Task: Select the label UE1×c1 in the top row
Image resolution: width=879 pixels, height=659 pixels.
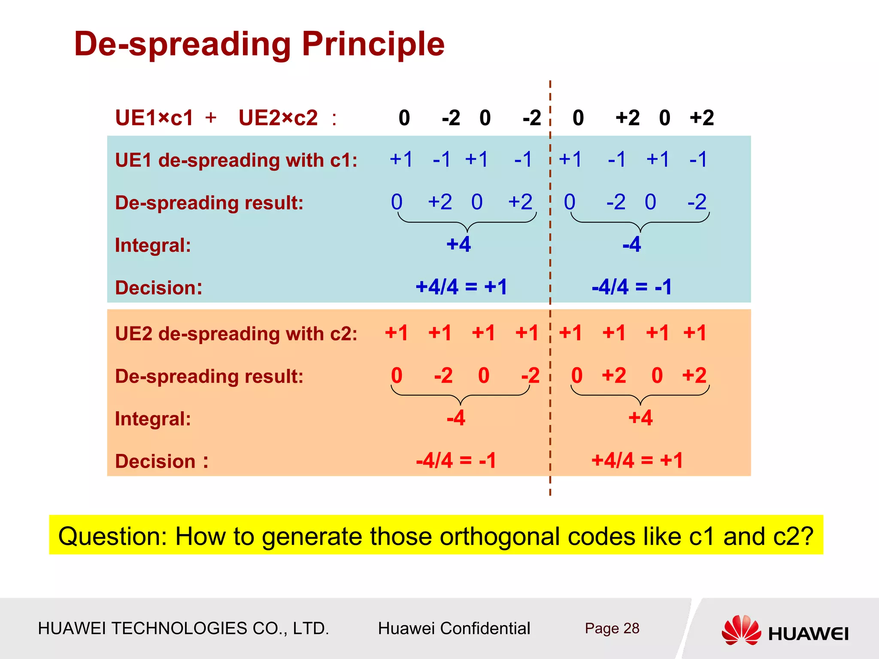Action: tap(154, 118)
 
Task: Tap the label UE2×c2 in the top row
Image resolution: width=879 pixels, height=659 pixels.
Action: tap(278, 118)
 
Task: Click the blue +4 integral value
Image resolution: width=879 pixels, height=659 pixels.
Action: tap(458, 245)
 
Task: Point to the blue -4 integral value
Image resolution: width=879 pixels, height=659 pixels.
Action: tap(631, 245)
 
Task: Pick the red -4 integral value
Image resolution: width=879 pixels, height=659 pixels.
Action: tap(456, 418)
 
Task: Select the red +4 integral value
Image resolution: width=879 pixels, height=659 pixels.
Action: tap(640, 418)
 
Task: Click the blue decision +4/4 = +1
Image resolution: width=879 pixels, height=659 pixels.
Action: tap(461, 287)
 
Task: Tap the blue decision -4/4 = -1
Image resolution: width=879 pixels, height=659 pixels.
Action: tap(631, 287)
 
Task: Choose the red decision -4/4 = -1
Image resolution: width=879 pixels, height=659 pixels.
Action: tap(456, 461)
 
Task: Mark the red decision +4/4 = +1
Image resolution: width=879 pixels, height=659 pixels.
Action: tap(637, 461)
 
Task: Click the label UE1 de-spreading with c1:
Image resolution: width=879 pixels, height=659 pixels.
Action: tap(236, 160)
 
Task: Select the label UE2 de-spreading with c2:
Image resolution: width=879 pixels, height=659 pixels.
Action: tap(236, 334)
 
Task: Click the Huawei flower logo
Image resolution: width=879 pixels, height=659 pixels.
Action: tap(741, 630)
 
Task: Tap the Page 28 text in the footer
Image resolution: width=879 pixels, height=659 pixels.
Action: tap(612, 628)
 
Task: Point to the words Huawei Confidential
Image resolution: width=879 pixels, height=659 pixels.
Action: tap(454, 628)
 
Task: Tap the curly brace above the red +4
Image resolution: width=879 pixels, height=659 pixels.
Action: tap(640, 396)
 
